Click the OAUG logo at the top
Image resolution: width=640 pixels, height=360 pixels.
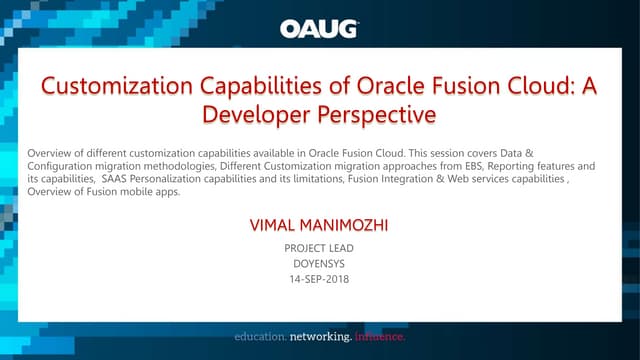tap(319, 28)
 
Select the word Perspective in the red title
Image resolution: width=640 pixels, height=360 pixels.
tap(374, 114)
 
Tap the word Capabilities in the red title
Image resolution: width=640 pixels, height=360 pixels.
tap(288, 86)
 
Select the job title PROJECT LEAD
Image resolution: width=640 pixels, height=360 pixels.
tap(319, 247)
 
